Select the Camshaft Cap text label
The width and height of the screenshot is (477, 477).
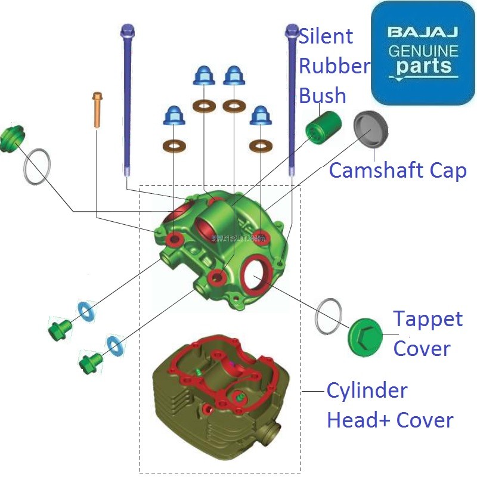click(398, 171)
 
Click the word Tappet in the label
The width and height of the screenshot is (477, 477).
click(428, 319)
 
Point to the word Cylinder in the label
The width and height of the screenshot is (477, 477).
click(367, 391)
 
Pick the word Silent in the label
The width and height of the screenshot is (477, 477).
click(326, 36)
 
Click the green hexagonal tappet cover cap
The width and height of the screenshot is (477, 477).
click(365, 335)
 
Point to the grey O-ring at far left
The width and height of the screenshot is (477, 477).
click(37, 166)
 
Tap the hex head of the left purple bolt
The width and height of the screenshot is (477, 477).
click(126, 29)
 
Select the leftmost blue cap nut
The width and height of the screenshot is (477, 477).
click(174, 116)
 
